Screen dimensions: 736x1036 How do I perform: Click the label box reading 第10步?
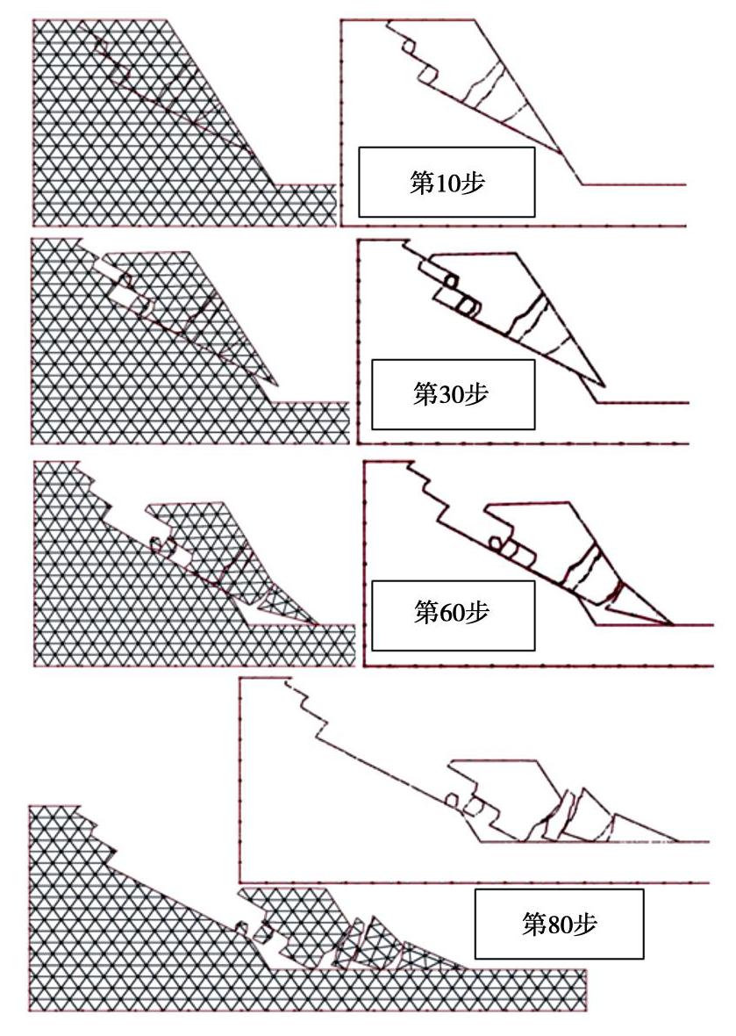tap(447, 183)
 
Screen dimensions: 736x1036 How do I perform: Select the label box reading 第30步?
tap(453, 394)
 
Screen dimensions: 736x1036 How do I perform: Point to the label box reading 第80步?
tap(559, 924)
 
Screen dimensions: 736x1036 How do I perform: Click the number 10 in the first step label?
tap(447, 183)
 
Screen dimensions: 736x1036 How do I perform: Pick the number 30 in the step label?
tap(451, 395)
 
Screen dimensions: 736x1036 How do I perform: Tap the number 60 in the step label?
tap(452, 613)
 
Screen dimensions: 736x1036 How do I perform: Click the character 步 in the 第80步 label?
tap(585, 924)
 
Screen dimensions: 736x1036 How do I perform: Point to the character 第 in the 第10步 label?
tap(421, 183)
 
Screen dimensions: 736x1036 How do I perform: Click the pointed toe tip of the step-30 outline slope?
tap(604, 385)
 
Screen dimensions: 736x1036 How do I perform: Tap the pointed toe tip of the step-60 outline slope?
tap(673, 623)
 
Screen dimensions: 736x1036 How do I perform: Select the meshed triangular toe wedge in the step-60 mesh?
tap(281, 605)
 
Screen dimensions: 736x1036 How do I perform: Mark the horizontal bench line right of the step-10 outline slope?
tap(633, 184)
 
